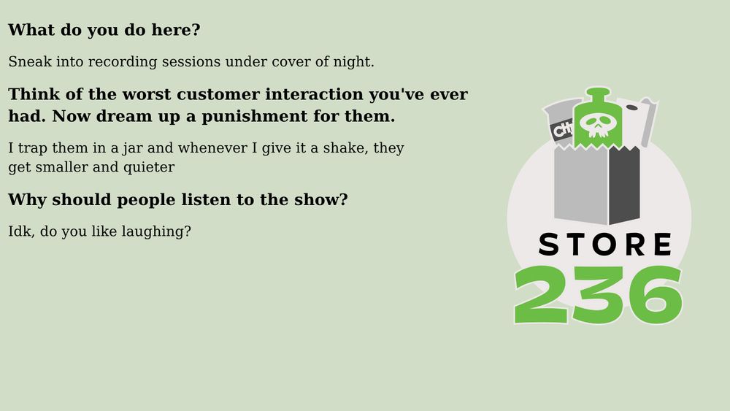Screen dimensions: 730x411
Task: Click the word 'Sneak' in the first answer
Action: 30,61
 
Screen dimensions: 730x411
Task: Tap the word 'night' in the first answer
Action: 353,62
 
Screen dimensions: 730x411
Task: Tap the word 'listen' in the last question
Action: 207,200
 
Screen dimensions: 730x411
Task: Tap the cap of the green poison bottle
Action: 599,92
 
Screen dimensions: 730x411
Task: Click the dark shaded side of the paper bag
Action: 624,185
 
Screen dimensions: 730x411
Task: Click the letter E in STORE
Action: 663,245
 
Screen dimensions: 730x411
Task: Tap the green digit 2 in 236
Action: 541,295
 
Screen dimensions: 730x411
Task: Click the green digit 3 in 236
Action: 598,295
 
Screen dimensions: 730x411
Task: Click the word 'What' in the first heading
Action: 31,30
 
